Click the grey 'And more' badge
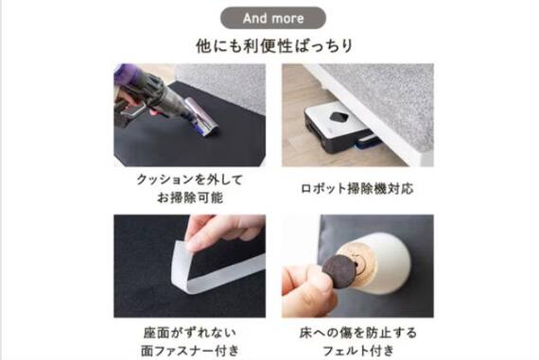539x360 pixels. click(x=273, y=18)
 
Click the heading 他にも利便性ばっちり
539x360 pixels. click(x=274, y=45)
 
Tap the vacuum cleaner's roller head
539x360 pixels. click(x=202, y=116)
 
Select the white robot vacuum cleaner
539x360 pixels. click(x=339, y=128)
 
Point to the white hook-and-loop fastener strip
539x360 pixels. click(x=212, y=269)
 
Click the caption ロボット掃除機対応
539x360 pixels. click(x=357, y=189)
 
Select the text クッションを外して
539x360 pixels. click(x=190, y=180)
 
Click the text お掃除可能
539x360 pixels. click(x=190, y=197)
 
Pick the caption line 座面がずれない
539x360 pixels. click(x=190, y=333)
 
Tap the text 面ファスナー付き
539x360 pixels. click(x=190, y=351)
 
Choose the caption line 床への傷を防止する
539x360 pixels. click(x=357, y=333)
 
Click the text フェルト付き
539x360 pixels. click(x=357, y=351)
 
